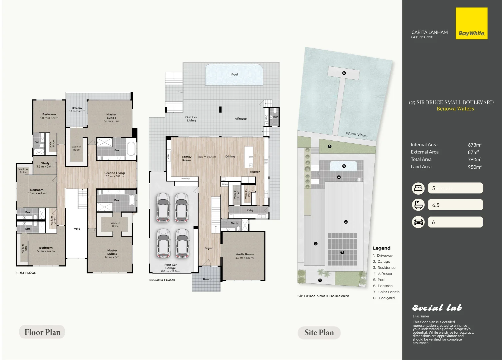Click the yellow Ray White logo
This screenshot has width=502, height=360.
[x=471, y=24]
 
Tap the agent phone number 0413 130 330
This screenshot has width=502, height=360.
[x=422, y=37]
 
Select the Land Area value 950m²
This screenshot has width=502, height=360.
[x=474, y=167]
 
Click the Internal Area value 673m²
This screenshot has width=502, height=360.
[x=474, y=145]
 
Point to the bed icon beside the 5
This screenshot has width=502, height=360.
[x=418, y=188]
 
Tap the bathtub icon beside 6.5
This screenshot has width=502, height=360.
[x=418, y=205]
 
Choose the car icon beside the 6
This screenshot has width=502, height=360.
[x=418, y=222]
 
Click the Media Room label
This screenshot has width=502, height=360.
[x=245, y=254]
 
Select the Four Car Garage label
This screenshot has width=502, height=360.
[x=171, y=266]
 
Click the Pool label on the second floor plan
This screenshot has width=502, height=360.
[x=235, y=74]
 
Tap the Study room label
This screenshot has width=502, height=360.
[x=45, y=163]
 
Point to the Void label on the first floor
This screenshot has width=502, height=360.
[x=77, y=229]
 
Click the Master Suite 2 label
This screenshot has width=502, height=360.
[x=112, y=252]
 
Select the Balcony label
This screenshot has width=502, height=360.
[x=77, y=108]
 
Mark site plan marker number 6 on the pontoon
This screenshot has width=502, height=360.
[x=344, y=73]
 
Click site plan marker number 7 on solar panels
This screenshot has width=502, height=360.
[x=342, y=252]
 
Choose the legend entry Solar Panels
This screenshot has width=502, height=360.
[x=388, y=292]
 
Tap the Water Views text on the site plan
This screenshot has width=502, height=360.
[x=356, y=134]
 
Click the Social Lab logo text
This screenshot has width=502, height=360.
[x=437, y=308]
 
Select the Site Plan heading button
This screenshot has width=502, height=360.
[x=319, y=333]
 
